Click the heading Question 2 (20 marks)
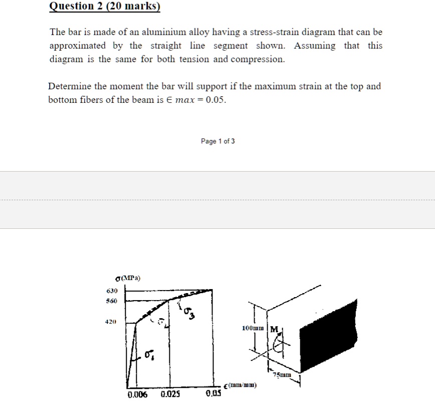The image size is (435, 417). (x=105, y=6)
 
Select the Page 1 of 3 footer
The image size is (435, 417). (x=218, y=141)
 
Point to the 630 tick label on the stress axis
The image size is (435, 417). (x=112, y=291)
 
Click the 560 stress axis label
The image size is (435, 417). (x=112, y=301)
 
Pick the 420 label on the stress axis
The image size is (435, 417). (x=111, y=322)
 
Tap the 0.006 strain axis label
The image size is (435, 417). (x=138, y=394)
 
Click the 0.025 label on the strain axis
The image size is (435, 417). (x=170, y=394)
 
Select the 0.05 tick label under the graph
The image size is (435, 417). (x=213, y=393)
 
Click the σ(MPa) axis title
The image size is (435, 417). (x=128, y=278)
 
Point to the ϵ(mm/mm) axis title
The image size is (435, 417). (x=240, y=385)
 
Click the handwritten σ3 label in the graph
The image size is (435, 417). (x=189, y=313)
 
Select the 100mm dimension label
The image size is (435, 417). (x=253, y=328)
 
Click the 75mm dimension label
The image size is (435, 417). (x=282, y=375)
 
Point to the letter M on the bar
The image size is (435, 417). (x=274, y=330)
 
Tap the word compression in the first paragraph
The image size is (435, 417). (x=258, y=59)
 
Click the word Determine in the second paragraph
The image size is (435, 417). (x=70, y=86)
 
